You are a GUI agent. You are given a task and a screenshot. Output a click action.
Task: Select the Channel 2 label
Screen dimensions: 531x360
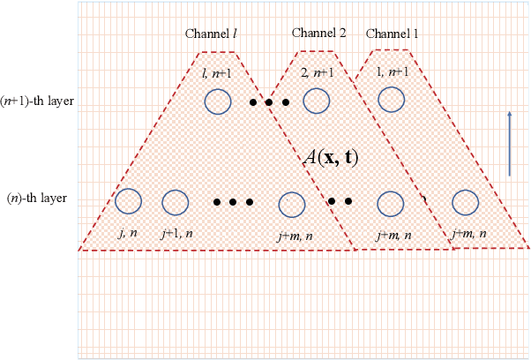pos(319,34)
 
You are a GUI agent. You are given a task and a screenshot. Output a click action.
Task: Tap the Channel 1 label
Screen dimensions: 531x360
pos(393,34)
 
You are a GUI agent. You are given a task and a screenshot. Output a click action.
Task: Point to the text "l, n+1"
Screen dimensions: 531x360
pos(215,72)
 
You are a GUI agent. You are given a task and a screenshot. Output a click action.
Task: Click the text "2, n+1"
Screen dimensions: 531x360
pos(318,72)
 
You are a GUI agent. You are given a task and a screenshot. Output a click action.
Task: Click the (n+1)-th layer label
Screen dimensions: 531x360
pos(37,101)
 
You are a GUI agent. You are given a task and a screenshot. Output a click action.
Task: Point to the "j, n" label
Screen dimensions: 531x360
pos(127,233)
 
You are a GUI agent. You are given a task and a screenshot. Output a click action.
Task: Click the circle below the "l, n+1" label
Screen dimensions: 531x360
pos(216,101)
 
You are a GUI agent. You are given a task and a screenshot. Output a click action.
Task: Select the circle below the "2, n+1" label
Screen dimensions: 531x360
pos(317,101)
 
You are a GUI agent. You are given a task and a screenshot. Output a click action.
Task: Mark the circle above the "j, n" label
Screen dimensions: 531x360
pos(129,202)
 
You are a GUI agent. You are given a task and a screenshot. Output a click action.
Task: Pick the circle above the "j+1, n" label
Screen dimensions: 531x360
pos(175,203)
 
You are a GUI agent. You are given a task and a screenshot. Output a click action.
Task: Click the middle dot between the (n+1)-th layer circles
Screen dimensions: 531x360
pos(269,102)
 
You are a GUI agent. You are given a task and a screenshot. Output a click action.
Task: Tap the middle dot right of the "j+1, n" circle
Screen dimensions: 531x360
pos(233,202)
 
